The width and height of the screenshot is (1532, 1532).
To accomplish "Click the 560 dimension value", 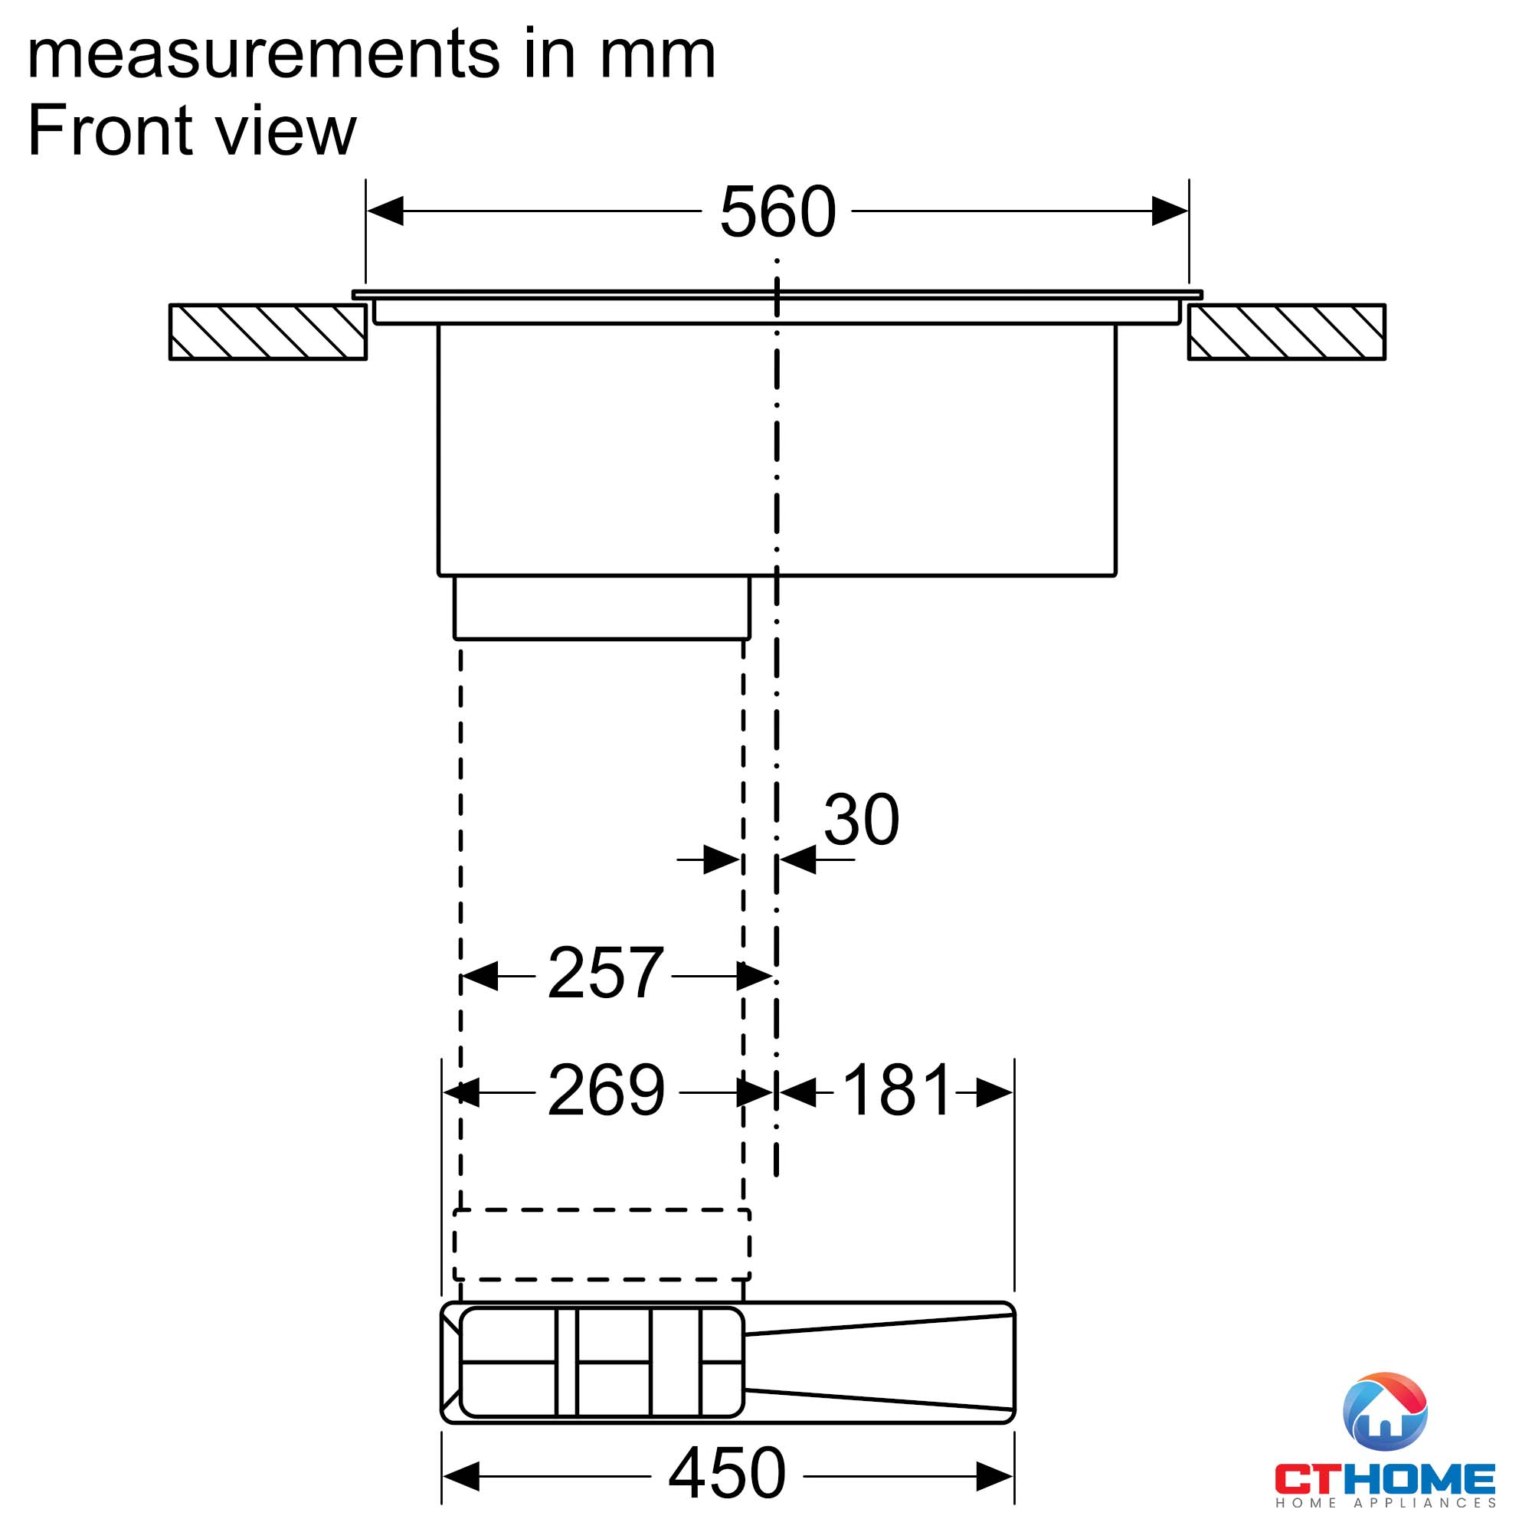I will click(x=777, y=211).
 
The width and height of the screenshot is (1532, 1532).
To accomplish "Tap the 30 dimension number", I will click(x=861, y=820).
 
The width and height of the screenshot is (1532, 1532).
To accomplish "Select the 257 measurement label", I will click(x=605, y=973).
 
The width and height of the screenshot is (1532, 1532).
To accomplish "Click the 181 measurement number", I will click(x=896, y=1091).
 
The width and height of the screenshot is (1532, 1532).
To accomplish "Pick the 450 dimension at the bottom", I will click(x=727, y=1473).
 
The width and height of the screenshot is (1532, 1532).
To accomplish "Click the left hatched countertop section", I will click(x=268, y=332).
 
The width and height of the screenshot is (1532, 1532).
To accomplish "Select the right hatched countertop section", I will click(x=1286, y=332).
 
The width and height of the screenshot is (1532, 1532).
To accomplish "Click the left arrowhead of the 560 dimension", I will click(x=385, y=211).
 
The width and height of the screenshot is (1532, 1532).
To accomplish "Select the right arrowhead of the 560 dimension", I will click(x=1169, y=211).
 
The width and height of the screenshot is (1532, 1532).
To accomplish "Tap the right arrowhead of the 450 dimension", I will click(x=994, y=1477).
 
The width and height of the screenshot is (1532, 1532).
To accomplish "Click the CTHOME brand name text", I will click(x=1384, y=1480).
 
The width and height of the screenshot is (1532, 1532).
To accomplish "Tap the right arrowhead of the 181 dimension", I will click(x=994, y=1093).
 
